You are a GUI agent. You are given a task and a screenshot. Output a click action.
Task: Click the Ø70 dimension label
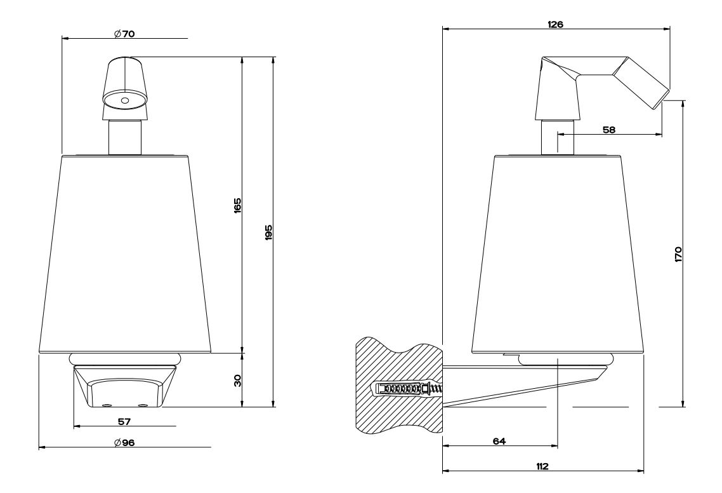[x=124, y=34]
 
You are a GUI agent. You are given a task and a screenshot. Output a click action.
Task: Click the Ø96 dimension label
[x=124, y=442]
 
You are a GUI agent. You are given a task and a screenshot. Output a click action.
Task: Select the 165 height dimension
[x=237, y=205]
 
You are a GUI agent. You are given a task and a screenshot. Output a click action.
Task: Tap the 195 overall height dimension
[x=270, y=232]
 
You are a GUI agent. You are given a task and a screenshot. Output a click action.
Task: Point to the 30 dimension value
[x=237, y=381]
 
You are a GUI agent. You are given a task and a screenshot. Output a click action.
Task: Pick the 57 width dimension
[x=124, y=421]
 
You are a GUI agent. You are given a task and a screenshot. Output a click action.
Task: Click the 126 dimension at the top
[x=555, y=24]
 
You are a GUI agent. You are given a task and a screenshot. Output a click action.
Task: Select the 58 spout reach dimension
[x=608, y=130]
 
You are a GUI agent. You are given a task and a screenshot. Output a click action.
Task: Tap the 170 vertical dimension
[x=678, y=255]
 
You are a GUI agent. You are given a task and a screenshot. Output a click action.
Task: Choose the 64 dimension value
[x=499, y=441]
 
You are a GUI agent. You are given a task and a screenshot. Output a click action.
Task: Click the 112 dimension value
[x=542, y=466]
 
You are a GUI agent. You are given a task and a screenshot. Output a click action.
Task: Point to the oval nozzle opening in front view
[x=124, y=100]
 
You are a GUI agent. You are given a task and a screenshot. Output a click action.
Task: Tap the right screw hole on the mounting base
[x=143, y=405]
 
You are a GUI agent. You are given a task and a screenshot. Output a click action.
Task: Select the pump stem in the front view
[x=124, y=137]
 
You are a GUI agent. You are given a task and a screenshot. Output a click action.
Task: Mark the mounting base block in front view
[x=124, y=386]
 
